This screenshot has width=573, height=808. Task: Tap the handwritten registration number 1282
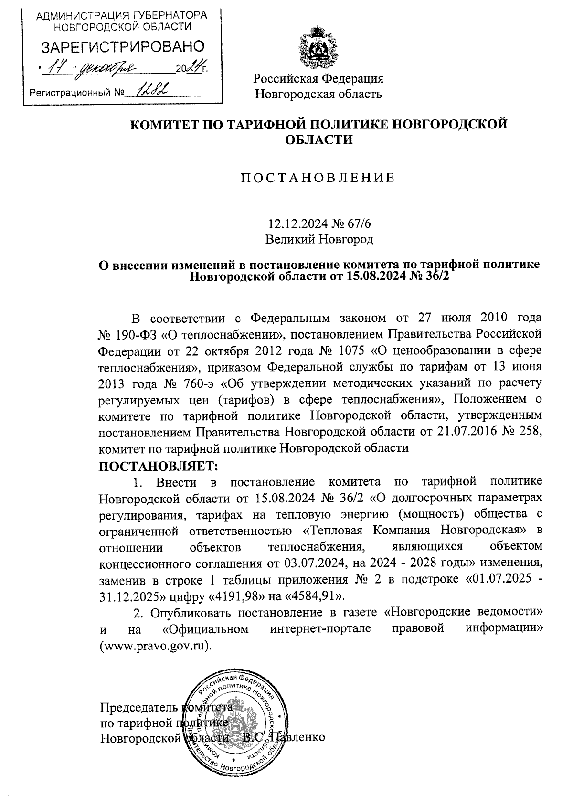tap(151, 90)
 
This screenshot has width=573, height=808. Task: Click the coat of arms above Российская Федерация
tap(318, 48)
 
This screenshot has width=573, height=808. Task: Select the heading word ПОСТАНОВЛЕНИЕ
tap(318, 178)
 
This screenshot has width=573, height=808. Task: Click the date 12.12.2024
tap(292, 223)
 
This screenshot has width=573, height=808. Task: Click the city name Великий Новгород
tap(319, 239)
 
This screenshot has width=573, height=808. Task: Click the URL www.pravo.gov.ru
tap(155, 645)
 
